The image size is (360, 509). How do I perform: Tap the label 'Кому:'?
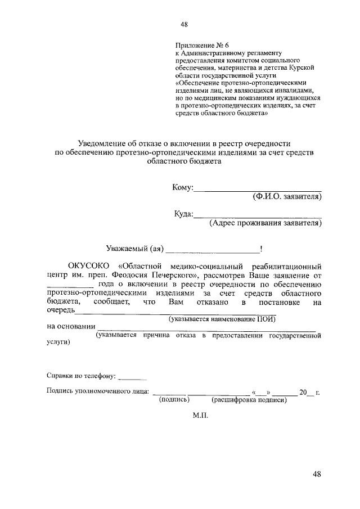[x=183, y=187]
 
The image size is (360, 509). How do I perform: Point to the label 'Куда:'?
[x=184, y=214]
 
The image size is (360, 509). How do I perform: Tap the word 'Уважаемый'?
[x=127, y=248]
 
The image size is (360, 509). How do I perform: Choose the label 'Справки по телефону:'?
[x=82, y=375]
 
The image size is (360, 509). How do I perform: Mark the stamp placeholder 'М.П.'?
[x=200, y=417]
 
